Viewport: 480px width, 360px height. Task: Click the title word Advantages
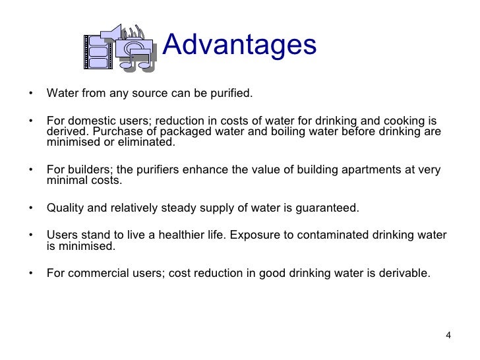tap(239, 45)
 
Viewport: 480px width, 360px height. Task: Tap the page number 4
tap(448, 336)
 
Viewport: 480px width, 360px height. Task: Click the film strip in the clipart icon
tap(96, 52)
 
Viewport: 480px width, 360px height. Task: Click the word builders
tap(86, 169)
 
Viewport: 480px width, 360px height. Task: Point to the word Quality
tap(65, 208)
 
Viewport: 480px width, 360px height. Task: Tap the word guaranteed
tap(324, 208)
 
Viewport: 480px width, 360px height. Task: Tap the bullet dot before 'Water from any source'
tap(30, 93)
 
